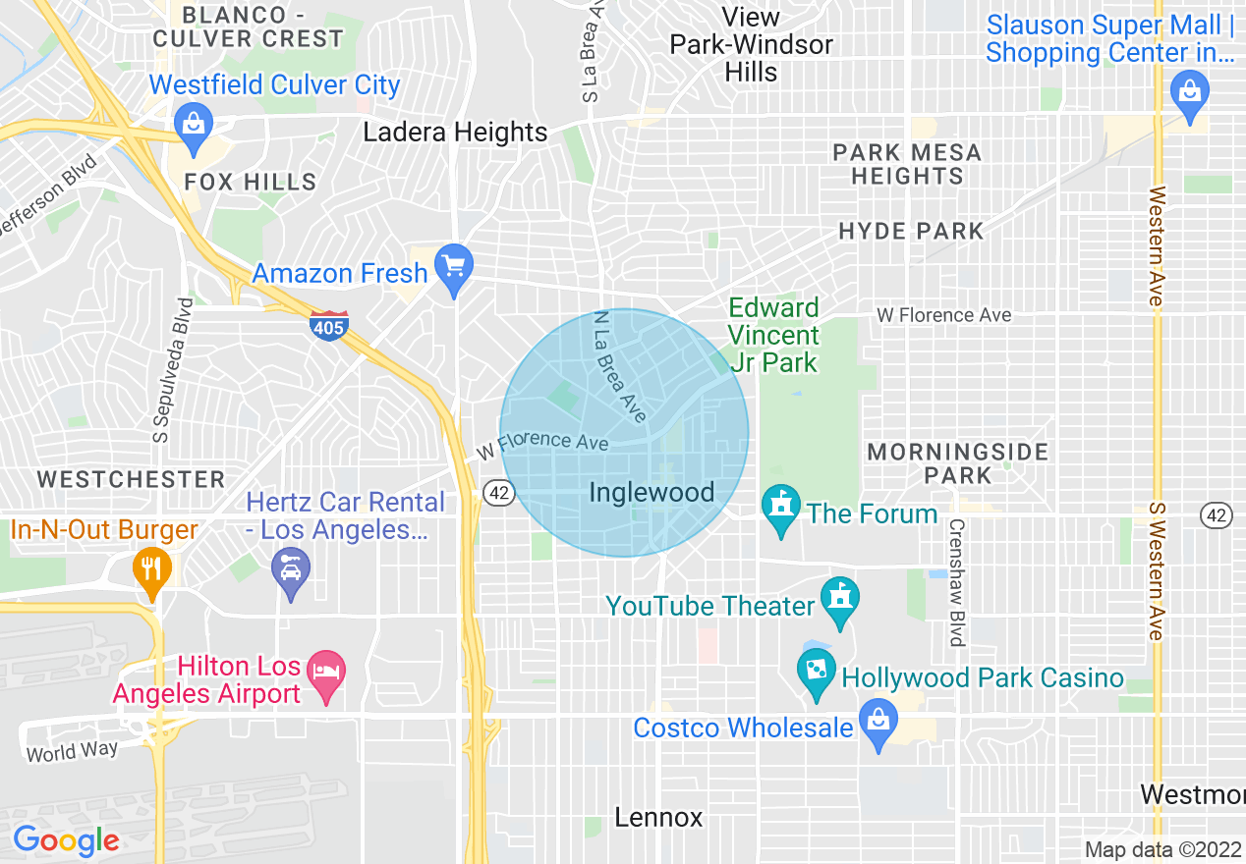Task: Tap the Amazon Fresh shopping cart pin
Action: pos(453,268)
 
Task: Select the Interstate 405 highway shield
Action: pos(328,325)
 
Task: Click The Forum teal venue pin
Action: pos(781,510)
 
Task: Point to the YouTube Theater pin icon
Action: pos(840,601)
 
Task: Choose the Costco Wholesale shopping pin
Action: pos(878,724)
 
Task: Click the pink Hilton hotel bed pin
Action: pos(325,675)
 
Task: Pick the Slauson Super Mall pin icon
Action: pos(1190,95)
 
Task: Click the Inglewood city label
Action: pos(651,493)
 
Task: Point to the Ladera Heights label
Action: pos(455,133)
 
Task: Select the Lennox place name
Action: pos(658,817)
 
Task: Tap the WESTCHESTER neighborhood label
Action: pos(132,479)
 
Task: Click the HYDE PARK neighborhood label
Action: pos(911,231)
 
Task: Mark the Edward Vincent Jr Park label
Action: pos(773,335)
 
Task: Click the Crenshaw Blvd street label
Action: pos(954,581)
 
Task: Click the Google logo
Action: pos(66,840)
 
